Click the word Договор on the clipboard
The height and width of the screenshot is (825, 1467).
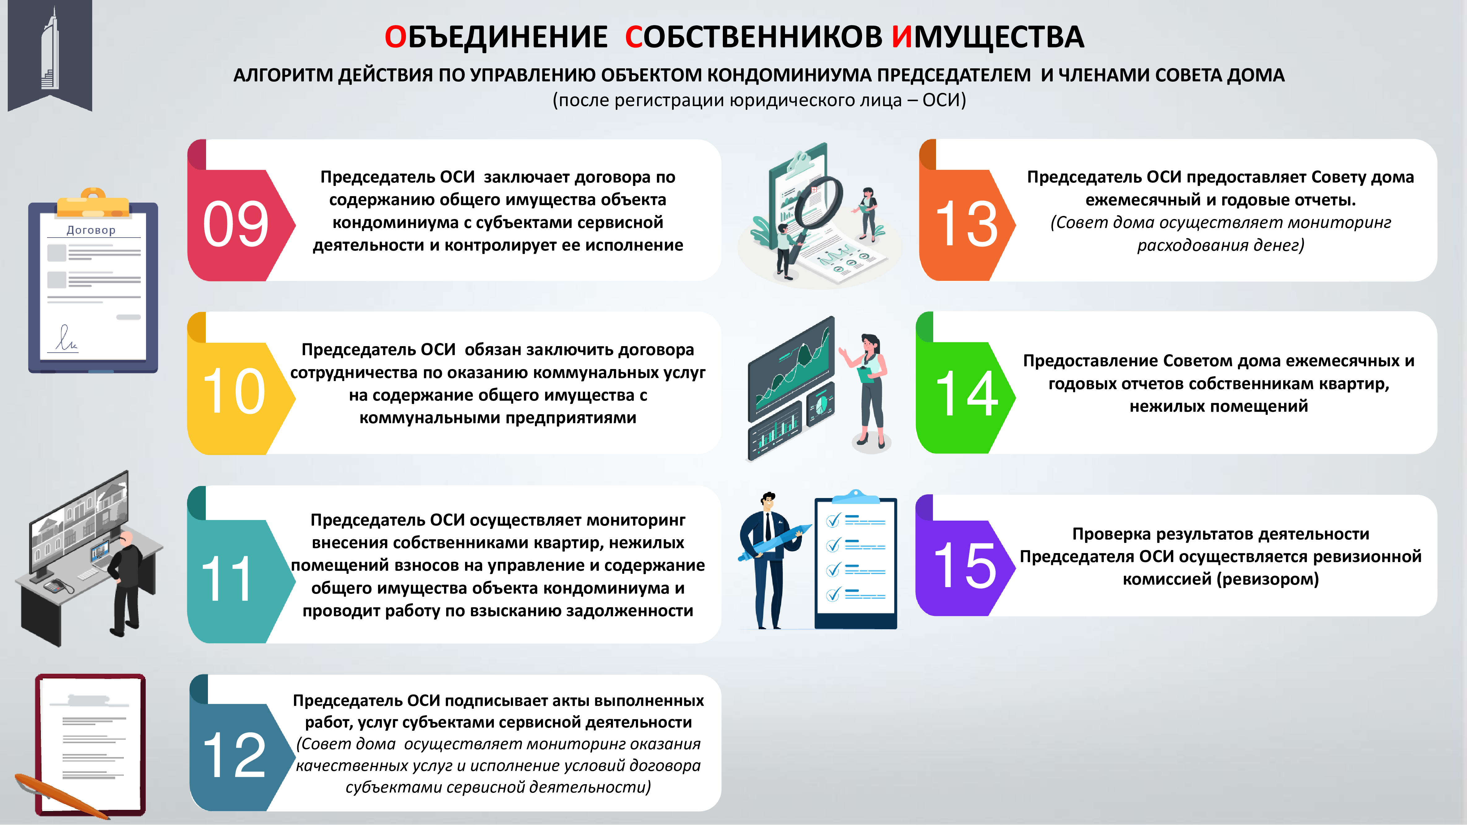91,230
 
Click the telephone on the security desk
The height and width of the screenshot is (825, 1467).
58,585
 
